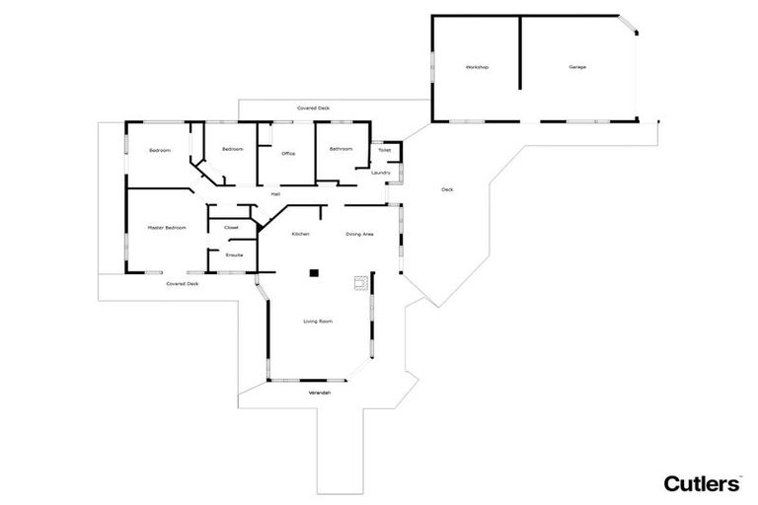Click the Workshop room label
tap(478, 67)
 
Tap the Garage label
tap(577, 67)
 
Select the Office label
tap(288, 154)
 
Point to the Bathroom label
tap(341, 149)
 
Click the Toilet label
tap(384, 151)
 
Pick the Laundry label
tap(381, 173)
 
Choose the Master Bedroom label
tap(166, 228)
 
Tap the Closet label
tap(232, 228)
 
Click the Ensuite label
tap(234, 255)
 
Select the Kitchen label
tap(301, 234)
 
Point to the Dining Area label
tap(359, 234)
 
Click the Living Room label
tap(317, 322)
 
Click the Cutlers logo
tap(702, 482)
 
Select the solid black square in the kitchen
tap(314, 272)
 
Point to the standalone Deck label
tap(447, 189)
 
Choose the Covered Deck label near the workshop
tap(314, 108)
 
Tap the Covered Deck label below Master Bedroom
tap(183, 284)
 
